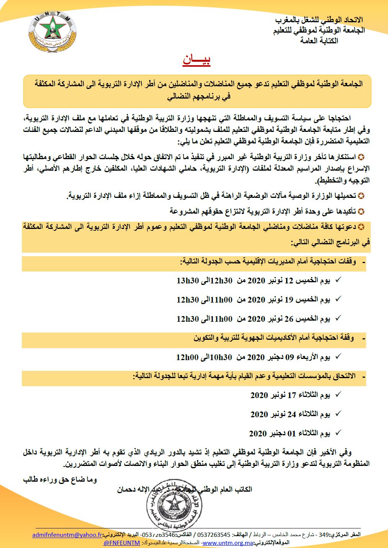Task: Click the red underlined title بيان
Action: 196,61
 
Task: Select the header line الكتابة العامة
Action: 319,40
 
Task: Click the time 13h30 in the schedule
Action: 187,281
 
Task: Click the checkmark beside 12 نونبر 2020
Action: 338,280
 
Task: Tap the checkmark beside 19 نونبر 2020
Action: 338,299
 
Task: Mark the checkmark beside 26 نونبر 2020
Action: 338,318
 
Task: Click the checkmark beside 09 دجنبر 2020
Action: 338,357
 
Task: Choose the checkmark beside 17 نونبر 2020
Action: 338,395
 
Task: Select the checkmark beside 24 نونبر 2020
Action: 338,414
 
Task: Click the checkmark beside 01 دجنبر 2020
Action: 338,433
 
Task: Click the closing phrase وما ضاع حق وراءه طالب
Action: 60,480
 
